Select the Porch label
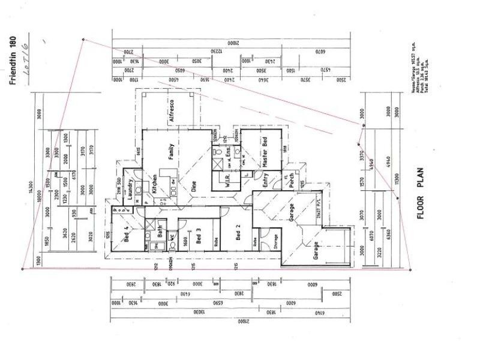coord(292,181)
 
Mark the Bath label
coord(161,230)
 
